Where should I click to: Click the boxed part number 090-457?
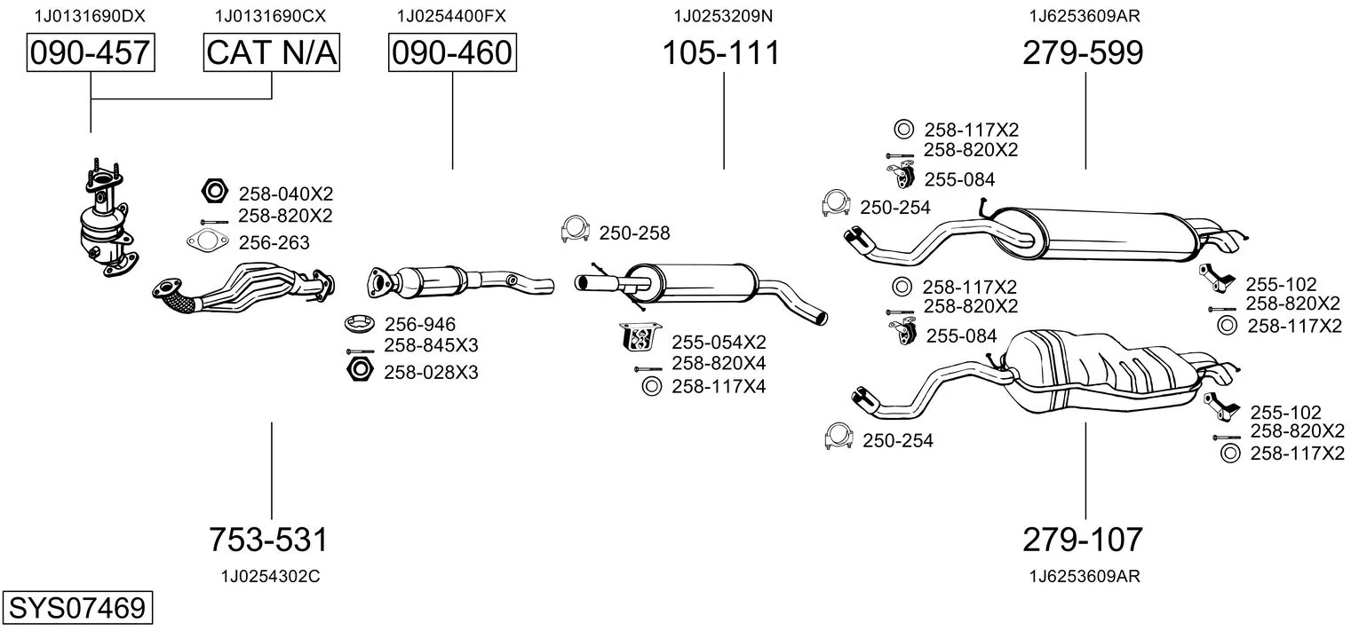pos(90,53)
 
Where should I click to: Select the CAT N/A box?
pos(272,53)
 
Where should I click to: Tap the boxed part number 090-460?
pos(452,53)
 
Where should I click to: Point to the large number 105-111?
pos(721,53)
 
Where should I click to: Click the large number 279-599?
pos(1083,53)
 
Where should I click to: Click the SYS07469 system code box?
pos(76,609)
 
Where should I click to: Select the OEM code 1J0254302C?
pos(270,576)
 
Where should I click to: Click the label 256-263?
pos(274,241)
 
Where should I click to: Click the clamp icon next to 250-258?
pos(576,230)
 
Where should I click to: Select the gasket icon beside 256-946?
pos(360,324)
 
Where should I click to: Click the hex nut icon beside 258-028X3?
pos(360,370)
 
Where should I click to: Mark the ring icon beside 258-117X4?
pos(650,386)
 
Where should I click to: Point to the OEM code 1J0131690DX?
pos(89,15)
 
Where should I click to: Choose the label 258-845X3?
pos(431,346)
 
